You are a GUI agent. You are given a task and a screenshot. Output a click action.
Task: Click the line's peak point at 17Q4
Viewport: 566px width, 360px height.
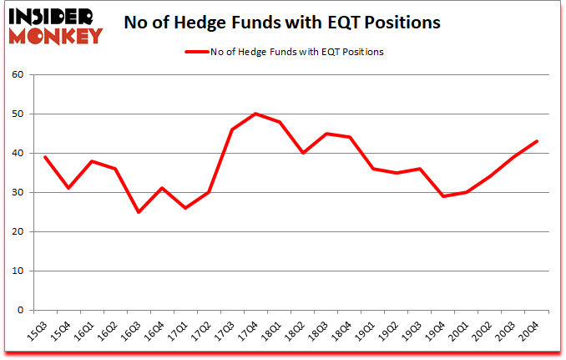(x=255, y=114)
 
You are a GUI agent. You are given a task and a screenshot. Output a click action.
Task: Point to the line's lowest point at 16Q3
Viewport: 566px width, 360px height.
(x=139, y=212)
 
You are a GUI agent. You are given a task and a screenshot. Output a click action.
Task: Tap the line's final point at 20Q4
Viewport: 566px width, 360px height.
(x=537, y=141)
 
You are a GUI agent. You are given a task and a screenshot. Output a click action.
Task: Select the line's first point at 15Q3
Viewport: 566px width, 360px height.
(x=45, y=157)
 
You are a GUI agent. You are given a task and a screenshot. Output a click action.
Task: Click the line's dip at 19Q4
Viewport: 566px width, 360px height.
(x=443, y=196)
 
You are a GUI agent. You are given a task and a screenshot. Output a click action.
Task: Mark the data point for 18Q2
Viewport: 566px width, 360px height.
(x=302, y=153)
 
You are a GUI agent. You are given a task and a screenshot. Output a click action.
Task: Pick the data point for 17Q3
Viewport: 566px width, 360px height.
(x=232, y=129)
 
